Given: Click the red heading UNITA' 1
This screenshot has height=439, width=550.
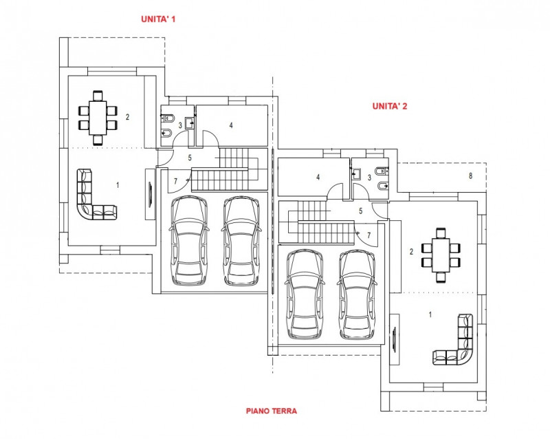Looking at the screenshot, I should [158, 19].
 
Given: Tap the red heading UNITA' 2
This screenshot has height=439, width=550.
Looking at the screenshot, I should [390, 106].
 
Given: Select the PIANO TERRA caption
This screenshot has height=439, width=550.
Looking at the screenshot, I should [271, 411].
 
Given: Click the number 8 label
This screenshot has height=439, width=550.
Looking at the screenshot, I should [470, 176].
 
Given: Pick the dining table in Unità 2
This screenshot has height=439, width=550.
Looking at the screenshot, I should [441, 253].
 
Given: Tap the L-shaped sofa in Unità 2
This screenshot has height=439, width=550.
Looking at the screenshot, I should [459, 344].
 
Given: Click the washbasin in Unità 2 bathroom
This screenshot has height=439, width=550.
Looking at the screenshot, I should [356, 175].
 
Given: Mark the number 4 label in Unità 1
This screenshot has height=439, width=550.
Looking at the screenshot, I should [231, 125].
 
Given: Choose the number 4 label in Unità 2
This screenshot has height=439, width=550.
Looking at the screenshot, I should [318, 177].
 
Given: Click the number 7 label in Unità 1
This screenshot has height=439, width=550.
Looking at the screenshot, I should [176, 180].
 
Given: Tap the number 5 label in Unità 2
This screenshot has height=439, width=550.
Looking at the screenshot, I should [360, 211].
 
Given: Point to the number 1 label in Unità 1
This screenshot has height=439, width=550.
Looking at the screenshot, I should [118, 185].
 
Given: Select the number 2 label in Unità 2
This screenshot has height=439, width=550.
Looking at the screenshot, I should [412, 252].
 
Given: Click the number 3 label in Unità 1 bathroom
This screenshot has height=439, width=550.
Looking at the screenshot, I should [180, 125].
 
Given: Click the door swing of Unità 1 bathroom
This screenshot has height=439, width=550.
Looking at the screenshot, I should [181, 139].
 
